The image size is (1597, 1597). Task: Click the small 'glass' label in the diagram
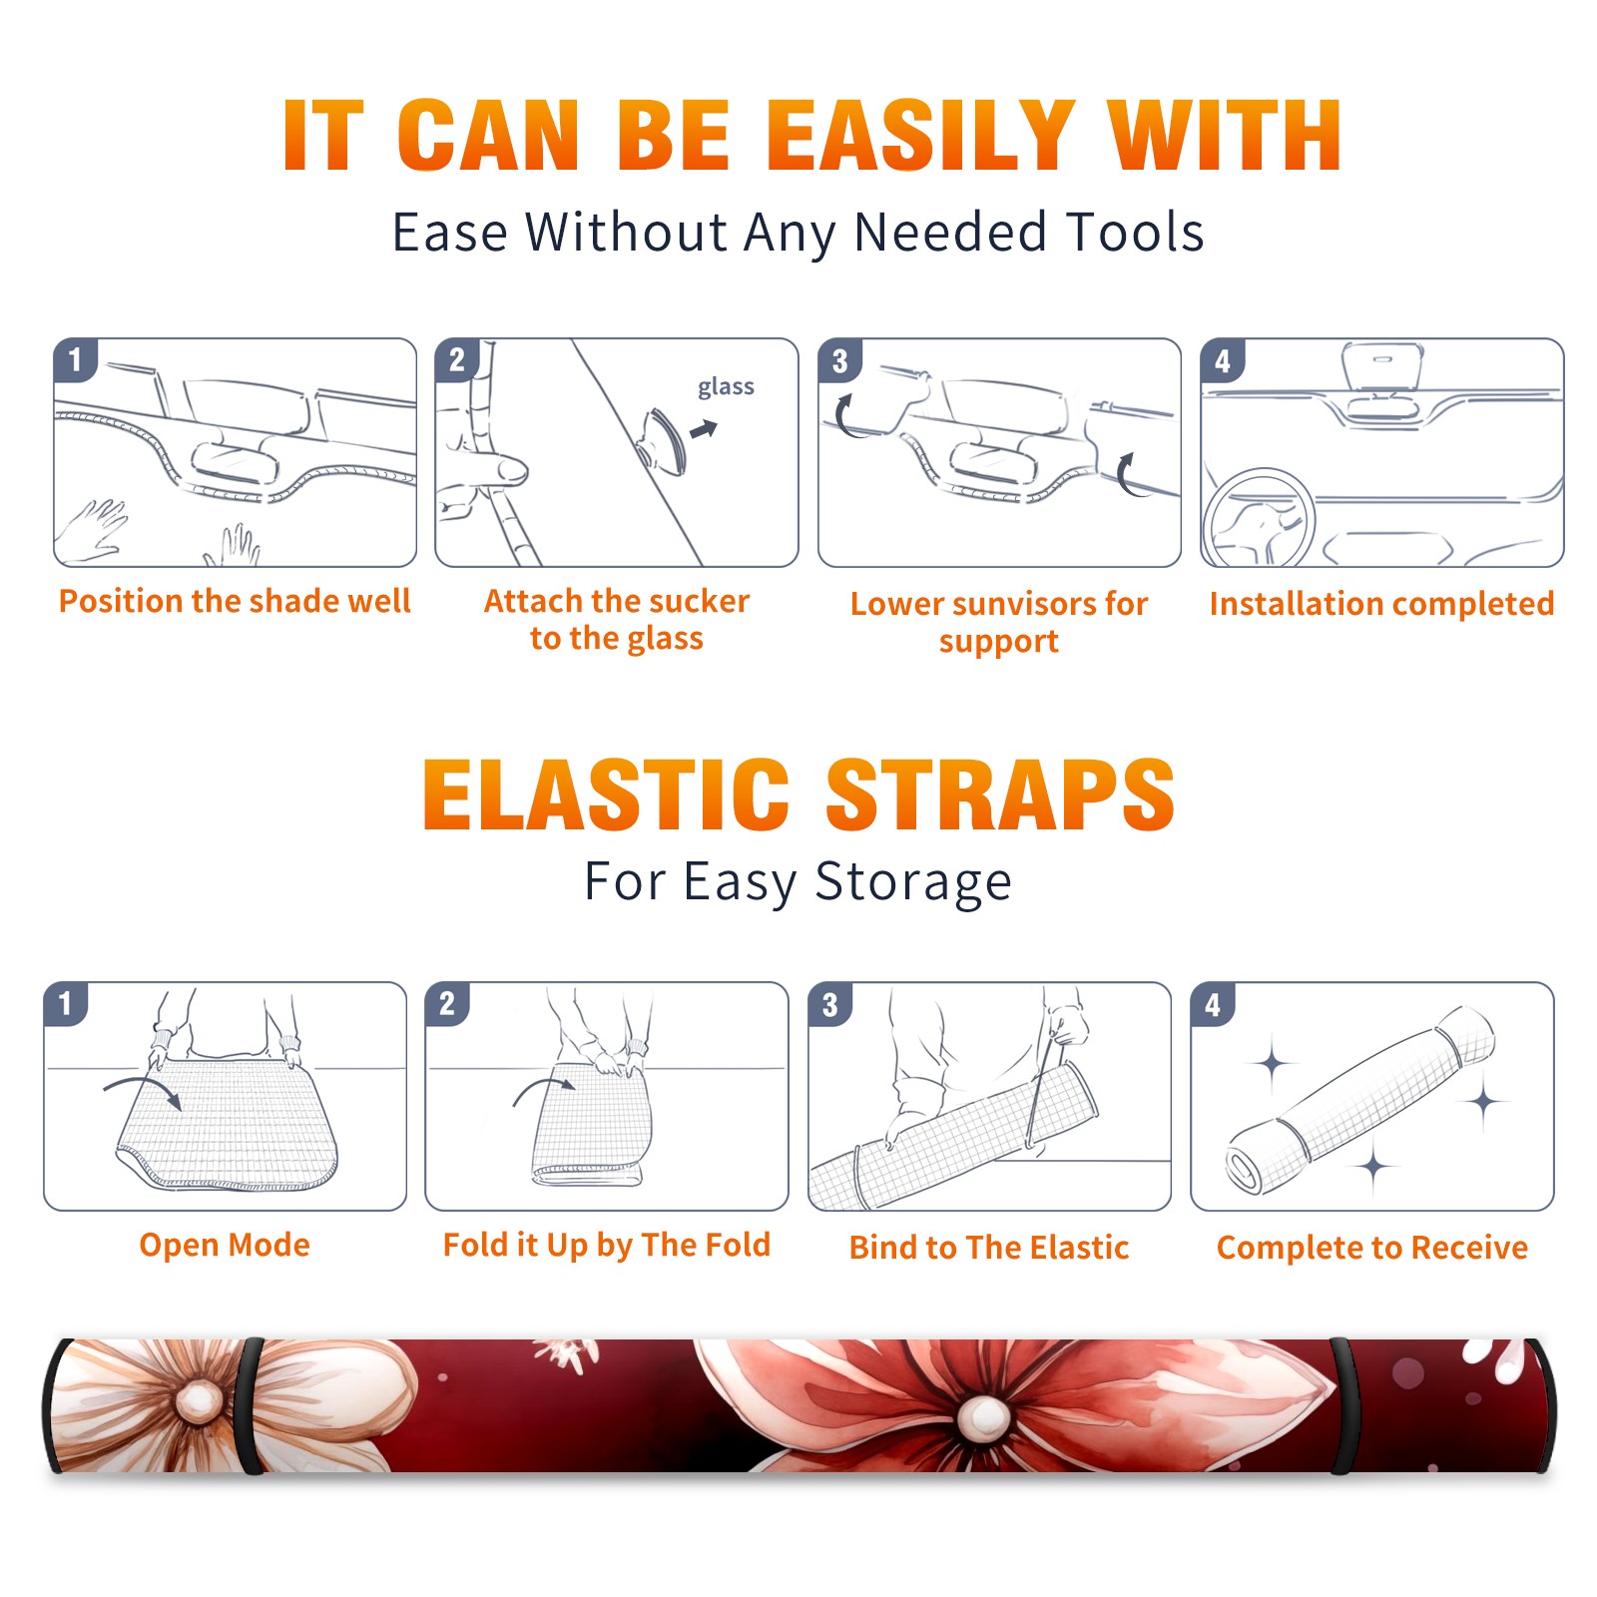726,386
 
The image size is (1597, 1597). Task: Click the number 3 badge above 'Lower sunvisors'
839,360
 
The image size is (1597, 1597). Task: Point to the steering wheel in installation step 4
1260,517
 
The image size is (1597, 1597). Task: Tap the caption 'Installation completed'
1381,603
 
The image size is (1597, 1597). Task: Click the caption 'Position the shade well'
235,601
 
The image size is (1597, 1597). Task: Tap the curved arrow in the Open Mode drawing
142,1090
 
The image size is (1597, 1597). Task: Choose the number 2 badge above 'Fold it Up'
446,1003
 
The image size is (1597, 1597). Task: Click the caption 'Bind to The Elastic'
989,1247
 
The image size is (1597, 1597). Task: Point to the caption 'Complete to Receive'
1372,1247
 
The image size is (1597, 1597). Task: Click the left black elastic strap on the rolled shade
252,1405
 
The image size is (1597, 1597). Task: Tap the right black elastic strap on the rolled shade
1343,1405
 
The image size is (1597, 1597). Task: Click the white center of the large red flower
985,1416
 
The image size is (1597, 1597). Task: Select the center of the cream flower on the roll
199,1402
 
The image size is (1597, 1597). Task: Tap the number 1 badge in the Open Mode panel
65,1003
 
